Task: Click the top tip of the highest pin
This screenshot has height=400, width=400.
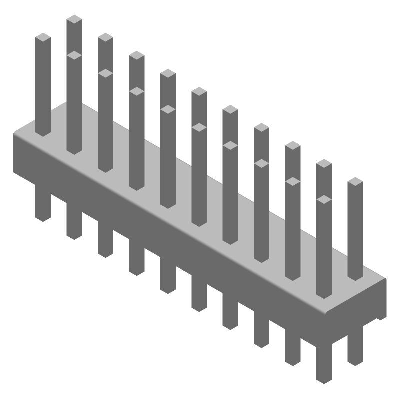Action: [x=74, y=19]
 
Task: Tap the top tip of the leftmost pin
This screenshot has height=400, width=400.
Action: [x=43, y=37]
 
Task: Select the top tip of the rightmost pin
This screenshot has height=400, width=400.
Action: [x=355, y=182]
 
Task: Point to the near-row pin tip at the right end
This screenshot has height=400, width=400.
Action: [x=324, y=199]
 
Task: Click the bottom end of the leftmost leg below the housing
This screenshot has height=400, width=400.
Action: [x=43, y=217]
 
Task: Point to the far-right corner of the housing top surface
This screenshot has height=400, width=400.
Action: [x=385, y=279]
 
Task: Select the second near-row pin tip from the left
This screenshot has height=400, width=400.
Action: [x=74, y=55]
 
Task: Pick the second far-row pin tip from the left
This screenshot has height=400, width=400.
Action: [x=105, y=37]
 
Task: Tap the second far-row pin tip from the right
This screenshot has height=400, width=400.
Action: [x=324, y=164]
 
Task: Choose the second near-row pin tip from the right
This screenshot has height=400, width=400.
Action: [x=293, y=181]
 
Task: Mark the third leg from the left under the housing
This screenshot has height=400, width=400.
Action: [x=105, y=245]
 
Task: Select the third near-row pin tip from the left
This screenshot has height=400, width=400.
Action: [x=105, y=73]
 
